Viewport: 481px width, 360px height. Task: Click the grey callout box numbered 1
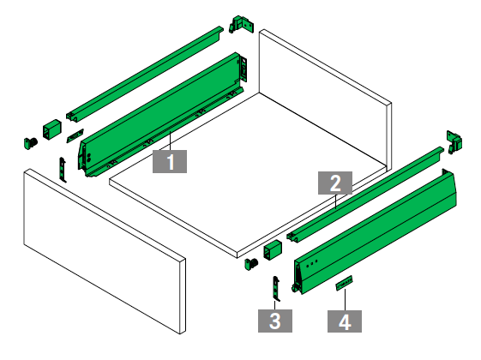[x=170, y=161]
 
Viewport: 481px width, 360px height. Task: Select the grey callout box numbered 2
[x=335, y=183]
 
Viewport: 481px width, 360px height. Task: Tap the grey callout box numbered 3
[x=275, y=321]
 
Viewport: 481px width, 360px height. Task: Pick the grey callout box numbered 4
[x=345, y=321]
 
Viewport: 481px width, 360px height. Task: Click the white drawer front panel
[x=105, y=251]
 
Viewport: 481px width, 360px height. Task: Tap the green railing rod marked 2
[x=365, y=193]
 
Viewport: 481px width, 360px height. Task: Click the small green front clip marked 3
[x=276, y=288]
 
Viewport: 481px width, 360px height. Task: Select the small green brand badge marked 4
[x=344, y=283]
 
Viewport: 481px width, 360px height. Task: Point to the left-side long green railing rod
[x=145, y=74]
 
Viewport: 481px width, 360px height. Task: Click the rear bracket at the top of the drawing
[x=242, y=25]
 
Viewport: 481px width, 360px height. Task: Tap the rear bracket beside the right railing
[x=454, y=142]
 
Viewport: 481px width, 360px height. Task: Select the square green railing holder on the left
[x=51, y=129]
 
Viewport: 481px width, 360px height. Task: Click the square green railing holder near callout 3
[x=273, y=250]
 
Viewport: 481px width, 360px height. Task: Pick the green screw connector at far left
[x=30, y=143]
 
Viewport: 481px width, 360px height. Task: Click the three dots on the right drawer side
[x=312, y=262]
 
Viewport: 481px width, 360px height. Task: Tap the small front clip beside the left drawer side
[x=63, y=170]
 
